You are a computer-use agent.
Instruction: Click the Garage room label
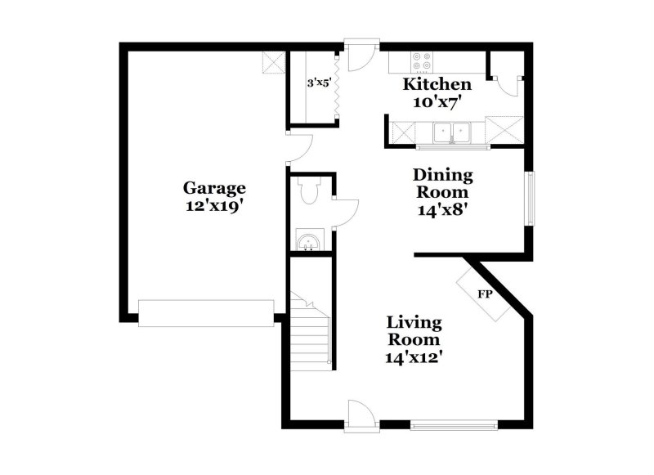pos(214,188)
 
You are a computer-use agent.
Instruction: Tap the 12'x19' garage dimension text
pos(214,207)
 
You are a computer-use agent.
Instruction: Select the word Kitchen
pos(437,85)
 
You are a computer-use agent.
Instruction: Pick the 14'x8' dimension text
pos(442,209)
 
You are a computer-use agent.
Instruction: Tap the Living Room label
pos(414,330)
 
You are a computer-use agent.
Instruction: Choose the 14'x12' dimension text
pos(414,356)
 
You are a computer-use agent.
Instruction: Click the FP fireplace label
pos(484,293)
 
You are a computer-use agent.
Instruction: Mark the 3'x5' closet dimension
pos(319,83)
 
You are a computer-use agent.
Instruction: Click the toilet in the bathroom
pos(308,192)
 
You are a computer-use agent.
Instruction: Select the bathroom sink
pos(309,240)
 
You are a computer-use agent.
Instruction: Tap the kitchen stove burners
pos(423,62)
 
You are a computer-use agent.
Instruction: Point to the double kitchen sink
pos(451,131)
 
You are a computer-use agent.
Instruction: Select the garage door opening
pos(206,312)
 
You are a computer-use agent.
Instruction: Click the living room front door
pos(360,412)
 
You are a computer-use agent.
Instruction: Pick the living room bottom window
pos(454,424)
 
